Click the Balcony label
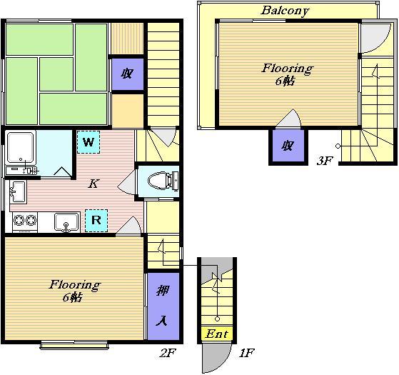(285, 11)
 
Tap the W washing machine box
(89, 142)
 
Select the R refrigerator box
(96, 221)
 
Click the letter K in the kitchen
(94, 184)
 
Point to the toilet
(163, 181)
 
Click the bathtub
(21, 147)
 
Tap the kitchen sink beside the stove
(66, 222)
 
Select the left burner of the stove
(19, 220)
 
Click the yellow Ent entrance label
(217, 334)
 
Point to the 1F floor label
(246, 353)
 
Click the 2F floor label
(168, 353)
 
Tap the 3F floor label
(325, 161)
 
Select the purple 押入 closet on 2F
(163, 306)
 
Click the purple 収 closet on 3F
(288, 146)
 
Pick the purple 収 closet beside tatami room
(128, 74)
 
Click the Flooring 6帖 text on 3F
(287, 74)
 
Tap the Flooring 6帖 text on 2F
(74, 291)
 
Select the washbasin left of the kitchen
(18, 191)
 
